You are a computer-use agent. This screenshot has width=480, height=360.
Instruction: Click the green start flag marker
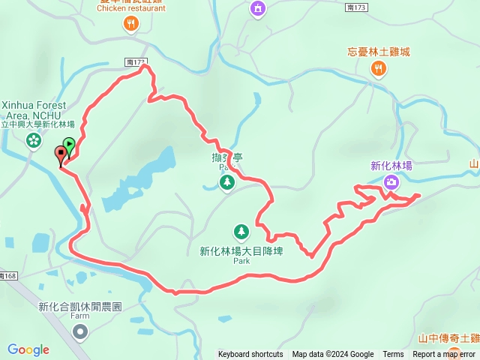69,144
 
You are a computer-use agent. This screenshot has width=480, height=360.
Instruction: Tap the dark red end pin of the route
60,154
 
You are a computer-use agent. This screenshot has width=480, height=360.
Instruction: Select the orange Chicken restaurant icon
131,25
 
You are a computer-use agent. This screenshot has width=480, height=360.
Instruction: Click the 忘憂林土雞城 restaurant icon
379,69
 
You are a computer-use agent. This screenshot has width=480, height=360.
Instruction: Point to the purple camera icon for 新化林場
391,181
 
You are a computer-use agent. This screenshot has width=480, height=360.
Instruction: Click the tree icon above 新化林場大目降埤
241,232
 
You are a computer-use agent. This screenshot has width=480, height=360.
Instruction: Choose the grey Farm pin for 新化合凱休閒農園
80,331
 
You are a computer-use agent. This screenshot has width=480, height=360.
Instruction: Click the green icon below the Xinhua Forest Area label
34,140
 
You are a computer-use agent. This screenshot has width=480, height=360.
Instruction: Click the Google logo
28,349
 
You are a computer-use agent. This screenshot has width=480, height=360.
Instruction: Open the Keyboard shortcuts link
250,355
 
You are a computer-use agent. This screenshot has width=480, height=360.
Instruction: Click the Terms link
393,355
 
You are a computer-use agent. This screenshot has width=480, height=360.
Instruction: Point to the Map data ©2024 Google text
333,355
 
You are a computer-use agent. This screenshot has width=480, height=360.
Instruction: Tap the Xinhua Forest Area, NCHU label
34,111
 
